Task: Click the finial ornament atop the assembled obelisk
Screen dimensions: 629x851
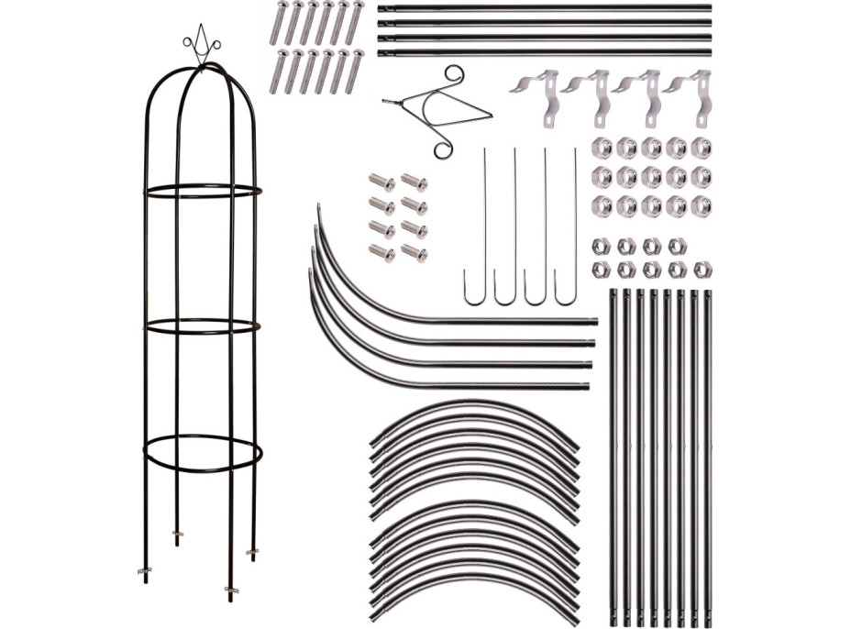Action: [x=201, y=46]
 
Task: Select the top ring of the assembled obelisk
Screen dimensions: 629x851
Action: [x=203, y=192]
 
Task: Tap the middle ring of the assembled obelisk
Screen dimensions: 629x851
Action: [x=203, y=326]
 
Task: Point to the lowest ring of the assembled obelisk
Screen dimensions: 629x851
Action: [x=203, y=453]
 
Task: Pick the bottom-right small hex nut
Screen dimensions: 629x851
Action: [x=702, y=269]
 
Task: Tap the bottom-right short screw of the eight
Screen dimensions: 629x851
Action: [x=414, y=253]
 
